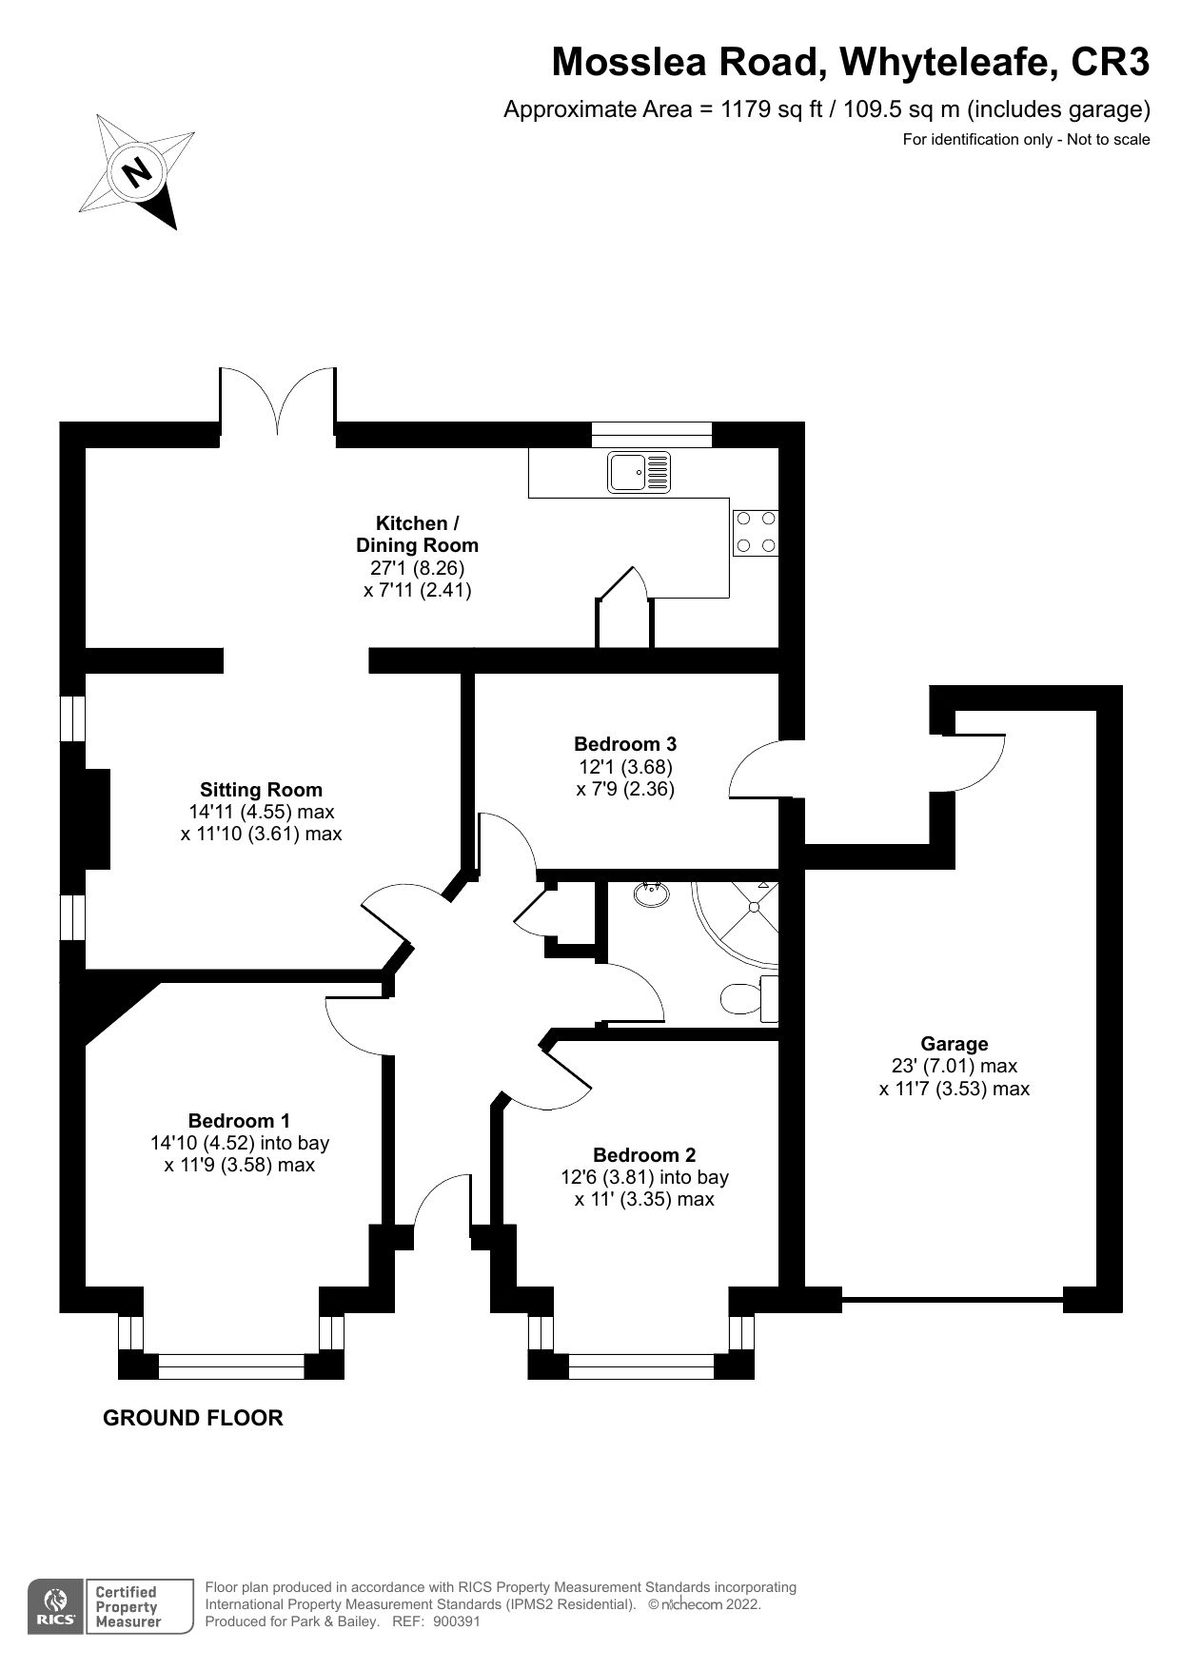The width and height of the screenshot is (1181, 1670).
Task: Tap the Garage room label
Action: [x=954, y=1044]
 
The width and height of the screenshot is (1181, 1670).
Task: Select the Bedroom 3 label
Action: [x=625, y=744]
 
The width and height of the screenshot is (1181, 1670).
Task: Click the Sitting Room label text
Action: [x=261, y=790]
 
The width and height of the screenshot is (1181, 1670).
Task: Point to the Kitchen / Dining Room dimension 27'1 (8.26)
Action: [x=417, y=568]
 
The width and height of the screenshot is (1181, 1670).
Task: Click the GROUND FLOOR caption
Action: [x=192, y=1418]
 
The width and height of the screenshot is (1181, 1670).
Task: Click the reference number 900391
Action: [x=457, y=1622]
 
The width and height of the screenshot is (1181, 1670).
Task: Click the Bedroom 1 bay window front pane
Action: [x=230, y=1366]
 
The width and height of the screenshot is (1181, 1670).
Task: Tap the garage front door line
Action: [x=952, y=1299]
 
